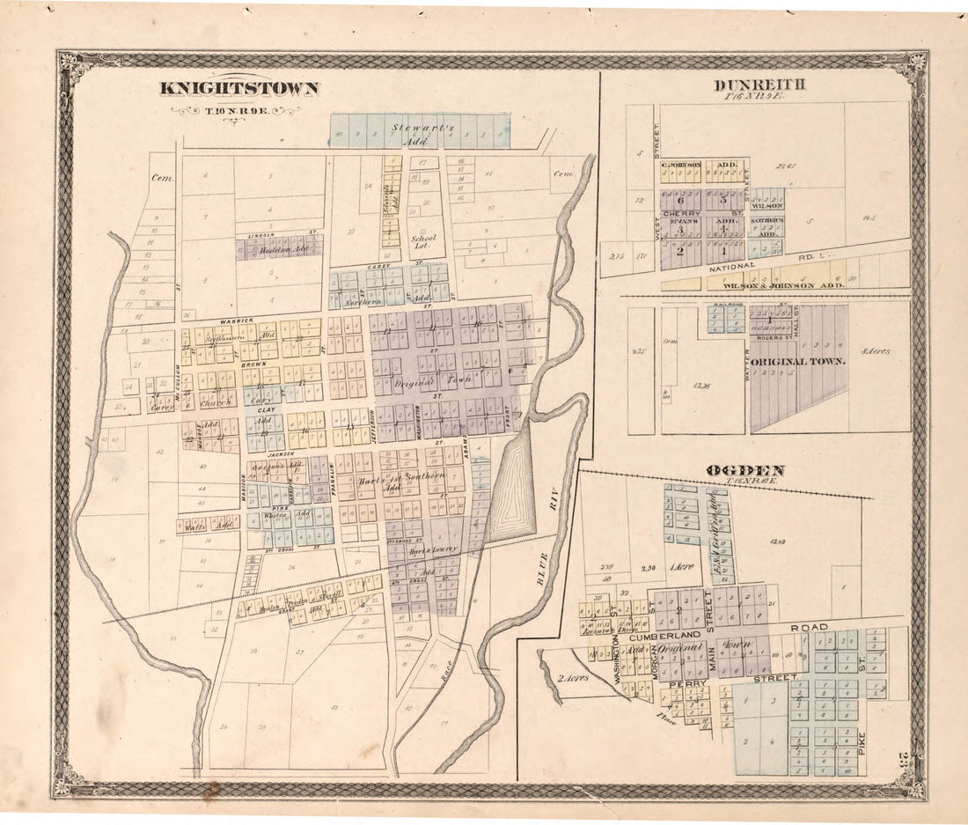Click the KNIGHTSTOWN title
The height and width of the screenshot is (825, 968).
(x=238, y=88)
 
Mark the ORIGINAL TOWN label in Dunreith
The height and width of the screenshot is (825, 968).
(x=798, y=361)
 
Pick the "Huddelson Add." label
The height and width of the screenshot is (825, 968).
(x=278, y=250)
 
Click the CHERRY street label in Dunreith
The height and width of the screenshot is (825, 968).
(x=681, y=213)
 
